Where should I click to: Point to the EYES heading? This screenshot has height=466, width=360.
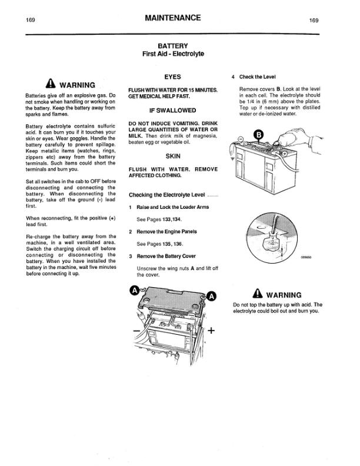173,77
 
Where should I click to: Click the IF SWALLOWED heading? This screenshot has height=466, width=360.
173,110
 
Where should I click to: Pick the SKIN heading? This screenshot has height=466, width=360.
173,157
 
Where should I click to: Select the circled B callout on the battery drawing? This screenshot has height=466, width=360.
258,136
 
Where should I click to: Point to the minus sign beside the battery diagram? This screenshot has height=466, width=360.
136,332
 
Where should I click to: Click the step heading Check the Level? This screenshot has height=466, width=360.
258,77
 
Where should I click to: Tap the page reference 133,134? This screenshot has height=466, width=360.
172,219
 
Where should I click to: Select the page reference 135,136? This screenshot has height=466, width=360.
172,244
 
